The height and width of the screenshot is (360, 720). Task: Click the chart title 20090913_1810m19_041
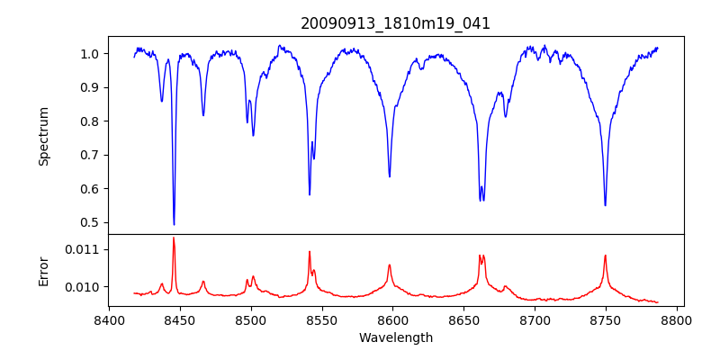point(395,23)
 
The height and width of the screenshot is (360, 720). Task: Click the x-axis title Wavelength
point(395,337)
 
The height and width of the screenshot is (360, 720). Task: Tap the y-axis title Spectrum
point(43,136)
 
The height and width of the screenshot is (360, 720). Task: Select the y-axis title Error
point(43,270)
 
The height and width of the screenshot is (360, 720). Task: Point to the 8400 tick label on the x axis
point(109,319)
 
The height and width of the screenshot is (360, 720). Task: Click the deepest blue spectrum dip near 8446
point(174,224)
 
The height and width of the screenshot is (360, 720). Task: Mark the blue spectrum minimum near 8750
point(605,205)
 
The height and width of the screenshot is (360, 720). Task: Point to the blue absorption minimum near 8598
point(390,176)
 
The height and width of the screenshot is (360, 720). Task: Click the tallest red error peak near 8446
point(174,238)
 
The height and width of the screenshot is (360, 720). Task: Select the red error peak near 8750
point(605,256)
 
